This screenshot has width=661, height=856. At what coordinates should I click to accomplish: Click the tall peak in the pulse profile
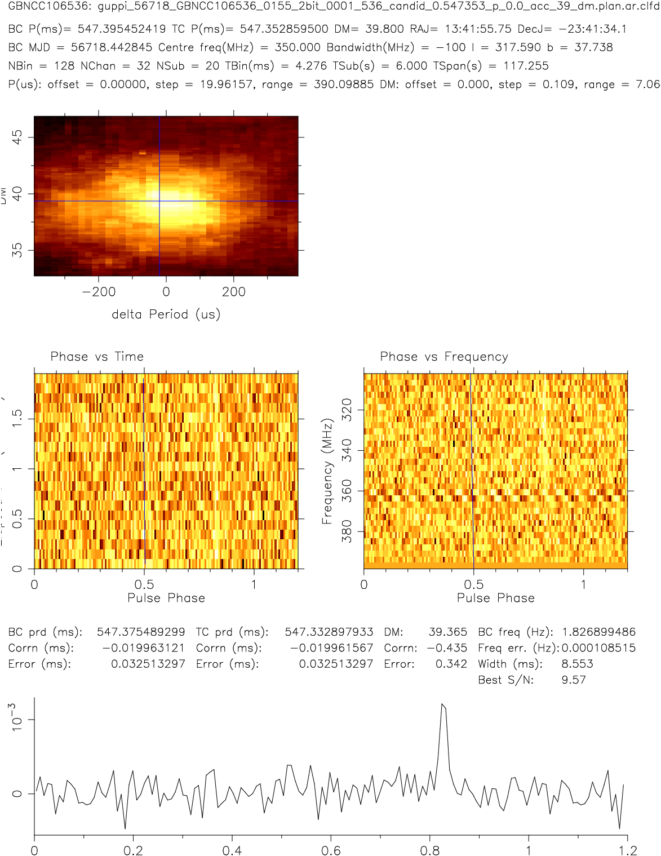(x=443, y=705)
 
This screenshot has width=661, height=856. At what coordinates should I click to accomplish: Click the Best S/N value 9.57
(x=573, y=680)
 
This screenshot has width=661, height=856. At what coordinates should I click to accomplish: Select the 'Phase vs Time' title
(x=97, y=357)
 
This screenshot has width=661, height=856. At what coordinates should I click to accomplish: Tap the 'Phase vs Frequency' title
(x=444, y=357)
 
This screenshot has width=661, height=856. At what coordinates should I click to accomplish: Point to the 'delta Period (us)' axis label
(x=166, y=314)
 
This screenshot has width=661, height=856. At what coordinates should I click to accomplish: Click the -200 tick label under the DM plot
(x=99, y=292)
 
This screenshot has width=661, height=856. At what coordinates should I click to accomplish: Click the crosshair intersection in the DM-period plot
(x=159, y=201)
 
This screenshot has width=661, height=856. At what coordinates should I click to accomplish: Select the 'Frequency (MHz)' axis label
(x=327, y=471)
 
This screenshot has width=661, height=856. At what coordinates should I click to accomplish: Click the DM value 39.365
(x=448, y=632)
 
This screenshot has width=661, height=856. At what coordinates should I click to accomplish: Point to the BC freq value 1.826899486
(x=598, y=632)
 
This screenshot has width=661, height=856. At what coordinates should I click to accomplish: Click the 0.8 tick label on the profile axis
(x=430, y=850)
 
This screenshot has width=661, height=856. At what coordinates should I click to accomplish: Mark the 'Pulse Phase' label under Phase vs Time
(x=166, y=598)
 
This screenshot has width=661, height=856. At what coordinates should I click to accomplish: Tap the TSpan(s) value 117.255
(x=526, y=66)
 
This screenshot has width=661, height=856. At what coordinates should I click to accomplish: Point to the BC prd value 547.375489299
(x=141, y=632)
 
